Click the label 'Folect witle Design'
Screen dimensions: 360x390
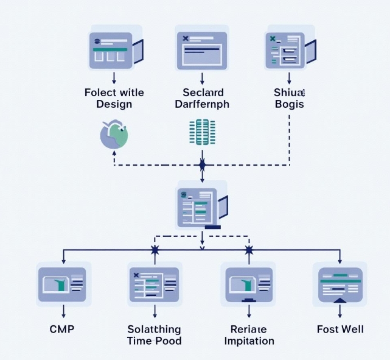[114, 98]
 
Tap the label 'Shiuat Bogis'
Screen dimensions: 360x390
[289, 98]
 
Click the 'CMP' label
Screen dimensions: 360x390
[62, 330]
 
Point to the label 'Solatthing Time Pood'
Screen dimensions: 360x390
[155, 335]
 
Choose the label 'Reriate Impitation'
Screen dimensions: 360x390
[249, 335]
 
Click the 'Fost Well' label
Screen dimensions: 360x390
[340, 330]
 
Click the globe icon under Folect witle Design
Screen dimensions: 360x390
[114, 135]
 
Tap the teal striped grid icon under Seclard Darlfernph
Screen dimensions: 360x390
[202, 133]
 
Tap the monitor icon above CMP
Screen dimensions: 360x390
[63, 284]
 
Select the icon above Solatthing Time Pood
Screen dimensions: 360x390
[154, 284]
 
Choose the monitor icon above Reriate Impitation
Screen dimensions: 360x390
[249, 284]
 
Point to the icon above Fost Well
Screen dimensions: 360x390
[340, 284]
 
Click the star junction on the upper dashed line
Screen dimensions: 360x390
[202, 165]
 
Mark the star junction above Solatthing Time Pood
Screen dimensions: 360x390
[155, 250]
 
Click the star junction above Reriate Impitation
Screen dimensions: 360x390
[248, 250]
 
